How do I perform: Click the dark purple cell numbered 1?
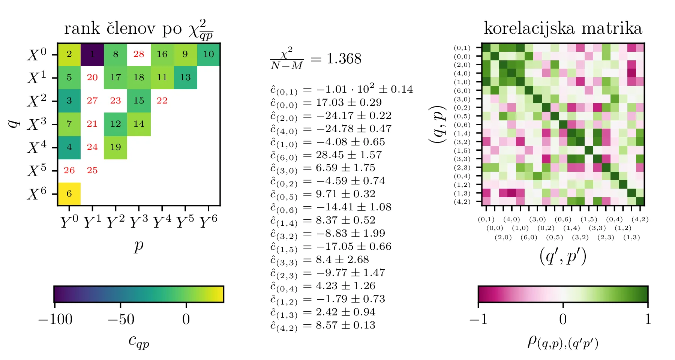92,54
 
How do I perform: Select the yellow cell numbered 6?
69,194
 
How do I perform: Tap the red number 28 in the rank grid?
139,54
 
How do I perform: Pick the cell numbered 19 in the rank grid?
115,147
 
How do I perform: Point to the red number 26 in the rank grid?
69,171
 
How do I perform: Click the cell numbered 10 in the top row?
208,54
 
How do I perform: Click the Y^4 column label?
162,222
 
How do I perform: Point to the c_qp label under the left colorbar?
139,340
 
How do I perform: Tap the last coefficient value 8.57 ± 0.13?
345,325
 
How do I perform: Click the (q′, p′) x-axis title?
562,257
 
